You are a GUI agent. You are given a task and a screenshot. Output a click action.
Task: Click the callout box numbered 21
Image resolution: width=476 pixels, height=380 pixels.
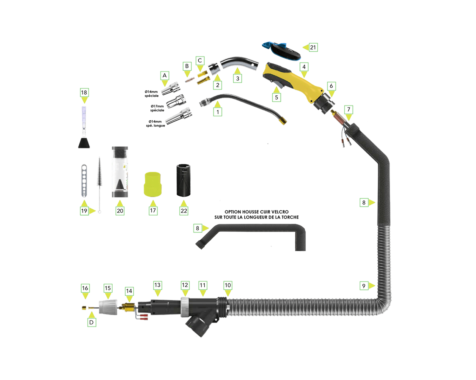tap(313, 47)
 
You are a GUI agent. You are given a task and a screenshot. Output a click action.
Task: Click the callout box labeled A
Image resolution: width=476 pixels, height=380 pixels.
tap(164, 75)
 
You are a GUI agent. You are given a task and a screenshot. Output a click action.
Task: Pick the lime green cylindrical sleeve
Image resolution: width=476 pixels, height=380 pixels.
tap(153, 184)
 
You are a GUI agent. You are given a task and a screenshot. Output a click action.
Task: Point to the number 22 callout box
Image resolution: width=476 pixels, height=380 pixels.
tap(184, 211)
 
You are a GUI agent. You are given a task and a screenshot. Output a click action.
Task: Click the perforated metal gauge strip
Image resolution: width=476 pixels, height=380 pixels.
tap(84, 180)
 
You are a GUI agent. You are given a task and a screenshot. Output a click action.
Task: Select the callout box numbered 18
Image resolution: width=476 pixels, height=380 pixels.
tap(84, 92)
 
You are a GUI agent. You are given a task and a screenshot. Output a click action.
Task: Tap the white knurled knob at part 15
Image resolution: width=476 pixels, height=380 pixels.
tap(108, 307)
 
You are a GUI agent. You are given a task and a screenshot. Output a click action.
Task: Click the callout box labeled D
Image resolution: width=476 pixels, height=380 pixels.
tap(91, 322)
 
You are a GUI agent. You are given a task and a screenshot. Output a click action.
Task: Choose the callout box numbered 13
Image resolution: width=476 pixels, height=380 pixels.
tap(157, 285)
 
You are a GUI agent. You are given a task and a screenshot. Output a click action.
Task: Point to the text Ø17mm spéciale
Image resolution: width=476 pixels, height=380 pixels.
tap(157, 108)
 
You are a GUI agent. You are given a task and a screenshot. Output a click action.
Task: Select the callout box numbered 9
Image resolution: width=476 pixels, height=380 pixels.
tap(364, 286)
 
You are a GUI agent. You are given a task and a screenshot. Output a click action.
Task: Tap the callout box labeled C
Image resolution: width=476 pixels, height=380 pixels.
tap(200, 60)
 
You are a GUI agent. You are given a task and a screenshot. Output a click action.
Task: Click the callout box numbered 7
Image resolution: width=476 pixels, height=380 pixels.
tap(348, 110)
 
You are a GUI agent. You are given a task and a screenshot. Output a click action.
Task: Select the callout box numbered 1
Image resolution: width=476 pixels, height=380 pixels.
tap(217, 112)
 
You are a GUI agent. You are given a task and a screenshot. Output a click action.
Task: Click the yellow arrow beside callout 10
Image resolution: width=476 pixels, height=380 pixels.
tap(228, 293)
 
